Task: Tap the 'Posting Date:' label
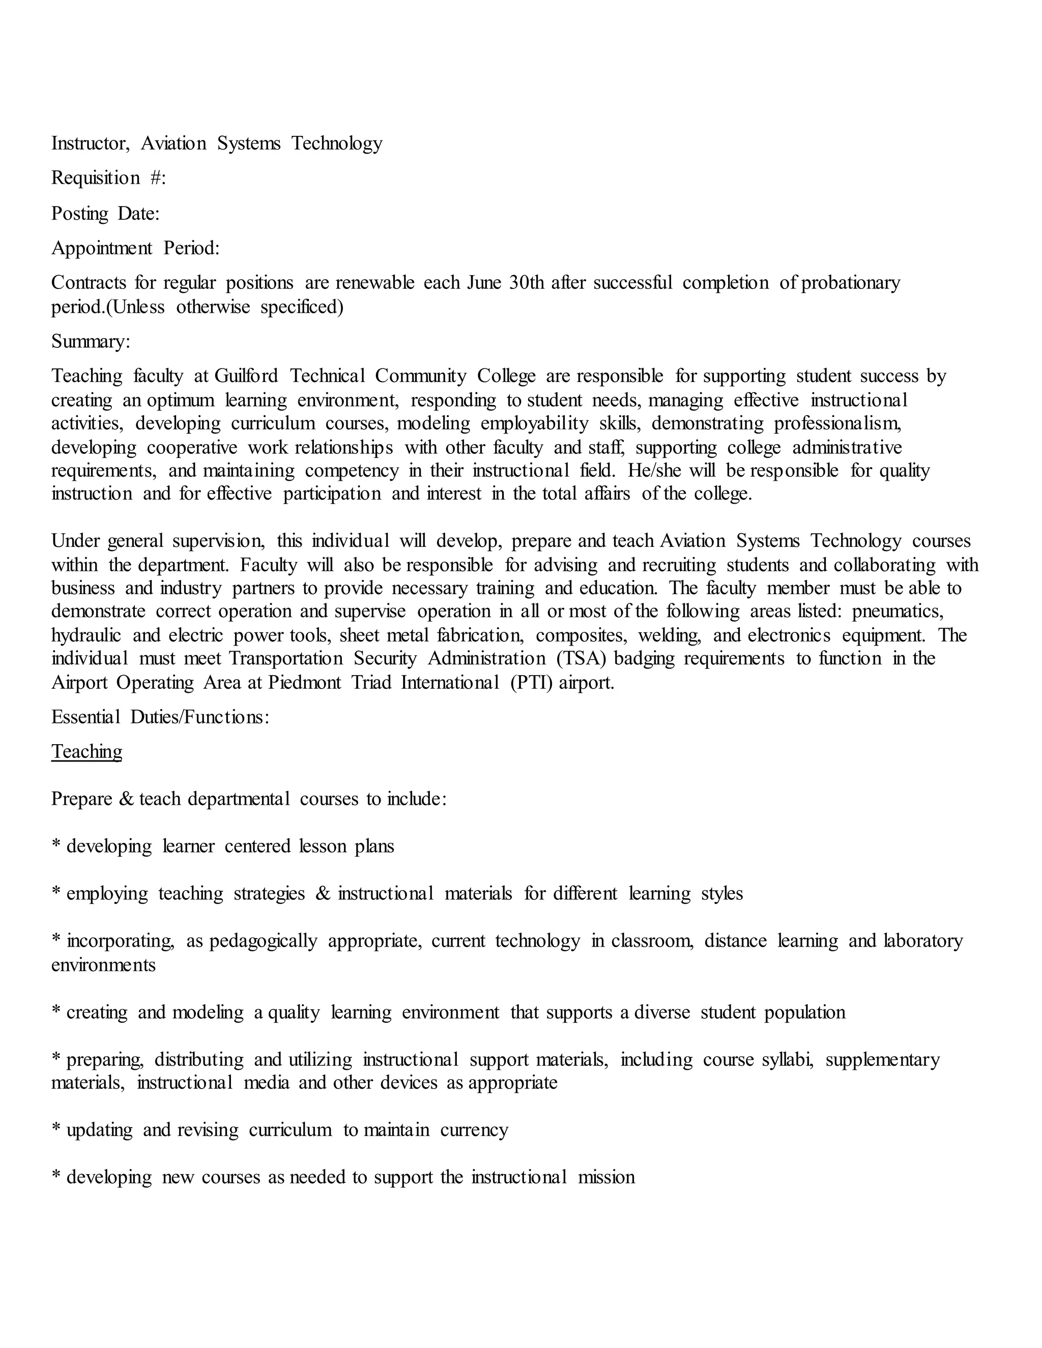(105, 214)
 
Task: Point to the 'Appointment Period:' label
(135, 248)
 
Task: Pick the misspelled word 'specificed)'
(302, 307)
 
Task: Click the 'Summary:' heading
(91, 341)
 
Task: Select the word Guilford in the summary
(246, 376)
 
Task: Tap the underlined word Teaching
(86, 752)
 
